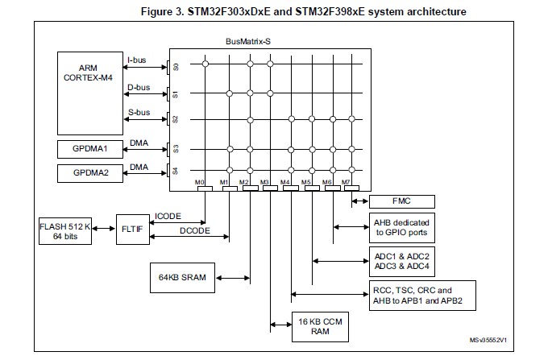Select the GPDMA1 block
click(89, 149)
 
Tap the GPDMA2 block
click(89, 173)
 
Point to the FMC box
click(401, 201)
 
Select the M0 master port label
click(201, 182)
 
